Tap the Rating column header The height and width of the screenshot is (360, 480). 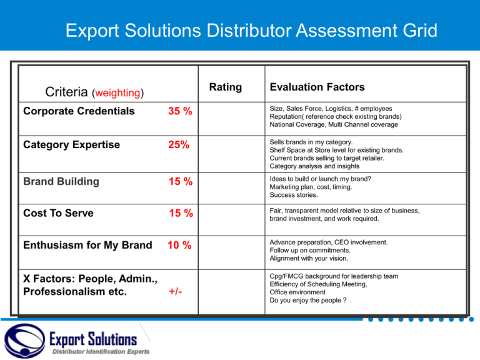pos(225,87)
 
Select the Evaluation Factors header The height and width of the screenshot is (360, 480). pos(317,87)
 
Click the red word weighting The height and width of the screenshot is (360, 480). pos(117,93)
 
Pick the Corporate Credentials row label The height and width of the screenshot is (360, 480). pos(79,111)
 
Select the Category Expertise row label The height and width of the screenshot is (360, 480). pos(71,145)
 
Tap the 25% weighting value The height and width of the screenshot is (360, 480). pos(178,146)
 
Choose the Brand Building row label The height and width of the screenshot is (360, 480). pos(61,181)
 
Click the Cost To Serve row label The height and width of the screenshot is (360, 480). pos(58,213)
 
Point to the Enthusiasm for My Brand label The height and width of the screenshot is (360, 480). pos(87,245)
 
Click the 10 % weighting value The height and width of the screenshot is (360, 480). pos(179,246)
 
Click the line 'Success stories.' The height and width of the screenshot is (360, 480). pos(295,195)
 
